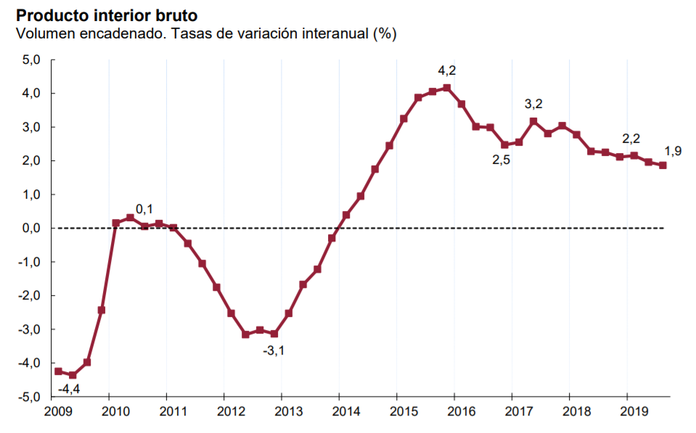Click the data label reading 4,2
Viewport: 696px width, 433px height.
click(x=447, y=71)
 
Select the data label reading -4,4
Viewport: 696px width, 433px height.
click(x=70, y=389)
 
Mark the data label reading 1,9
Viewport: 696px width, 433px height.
click(x=673, y=152)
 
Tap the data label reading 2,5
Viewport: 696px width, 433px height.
click(x=501, y=160)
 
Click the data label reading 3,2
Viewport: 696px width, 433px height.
click(x=533, y=104)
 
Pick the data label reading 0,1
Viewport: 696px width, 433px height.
click(x=144, y=210)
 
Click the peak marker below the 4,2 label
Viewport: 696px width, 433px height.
click(x=447, y=88)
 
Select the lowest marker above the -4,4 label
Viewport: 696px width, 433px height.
click(x=73, y=375)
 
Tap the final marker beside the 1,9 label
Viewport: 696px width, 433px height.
click(x=663, y=165)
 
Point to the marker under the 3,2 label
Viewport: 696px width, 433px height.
click(x=533, y=121)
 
